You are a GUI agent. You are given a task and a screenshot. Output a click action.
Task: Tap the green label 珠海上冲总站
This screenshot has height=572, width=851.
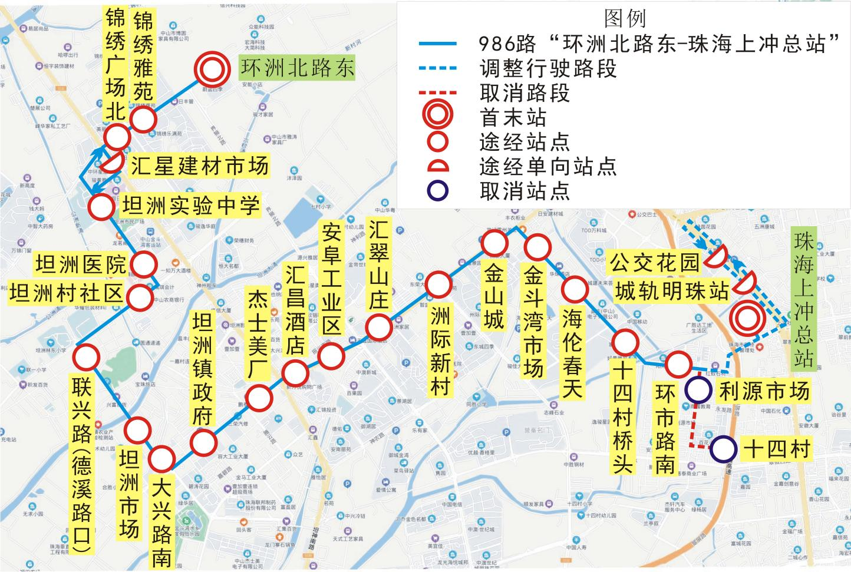tap(802, 299)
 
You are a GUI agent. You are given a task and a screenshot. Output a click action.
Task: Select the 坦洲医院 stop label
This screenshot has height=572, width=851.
tap(81, 265)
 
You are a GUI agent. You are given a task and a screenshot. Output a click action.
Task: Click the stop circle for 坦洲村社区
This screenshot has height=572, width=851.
tap(140, 297)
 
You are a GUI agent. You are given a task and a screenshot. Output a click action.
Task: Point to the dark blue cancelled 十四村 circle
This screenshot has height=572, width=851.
tap(723, 450)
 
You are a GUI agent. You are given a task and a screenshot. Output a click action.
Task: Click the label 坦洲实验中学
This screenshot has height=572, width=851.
tap(190, 206)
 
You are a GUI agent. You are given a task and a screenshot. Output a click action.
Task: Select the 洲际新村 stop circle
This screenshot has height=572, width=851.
tap(438, 285)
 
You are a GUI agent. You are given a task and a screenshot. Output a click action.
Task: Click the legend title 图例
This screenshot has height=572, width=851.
tap(625, 18)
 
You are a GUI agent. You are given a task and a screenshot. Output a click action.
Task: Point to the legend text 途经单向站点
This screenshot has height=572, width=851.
tap(548, 167)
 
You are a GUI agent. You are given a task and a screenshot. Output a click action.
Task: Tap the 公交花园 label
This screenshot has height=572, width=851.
tap(655, 263)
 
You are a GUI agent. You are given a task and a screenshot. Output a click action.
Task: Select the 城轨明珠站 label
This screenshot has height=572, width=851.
tap(672, 290)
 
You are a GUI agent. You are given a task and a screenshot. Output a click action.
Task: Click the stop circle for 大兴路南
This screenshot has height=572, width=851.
tap(161, 458)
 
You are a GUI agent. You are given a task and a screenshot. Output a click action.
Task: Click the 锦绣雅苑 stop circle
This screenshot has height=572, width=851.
tap(143, 120)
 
